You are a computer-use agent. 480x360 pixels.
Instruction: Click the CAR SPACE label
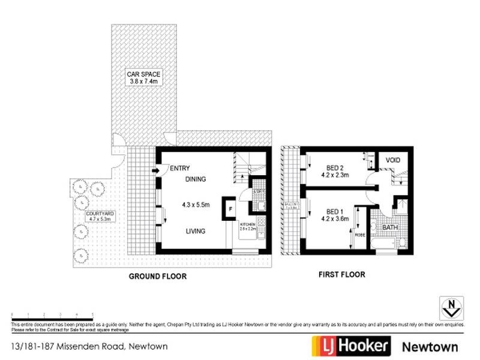143,77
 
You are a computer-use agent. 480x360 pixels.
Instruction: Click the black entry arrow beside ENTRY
157,170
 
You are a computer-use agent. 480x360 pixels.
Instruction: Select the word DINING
196,179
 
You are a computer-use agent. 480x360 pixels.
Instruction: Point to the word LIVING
196,231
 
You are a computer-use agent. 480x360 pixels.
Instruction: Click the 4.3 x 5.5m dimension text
196,205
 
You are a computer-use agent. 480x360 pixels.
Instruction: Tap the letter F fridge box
229,209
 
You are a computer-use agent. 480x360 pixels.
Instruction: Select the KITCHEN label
248,226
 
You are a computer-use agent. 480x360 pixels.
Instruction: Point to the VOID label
393,160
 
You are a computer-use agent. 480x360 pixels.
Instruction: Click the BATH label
390,228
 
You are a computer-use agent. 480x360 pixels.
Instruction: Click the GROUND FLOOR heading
158,277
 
